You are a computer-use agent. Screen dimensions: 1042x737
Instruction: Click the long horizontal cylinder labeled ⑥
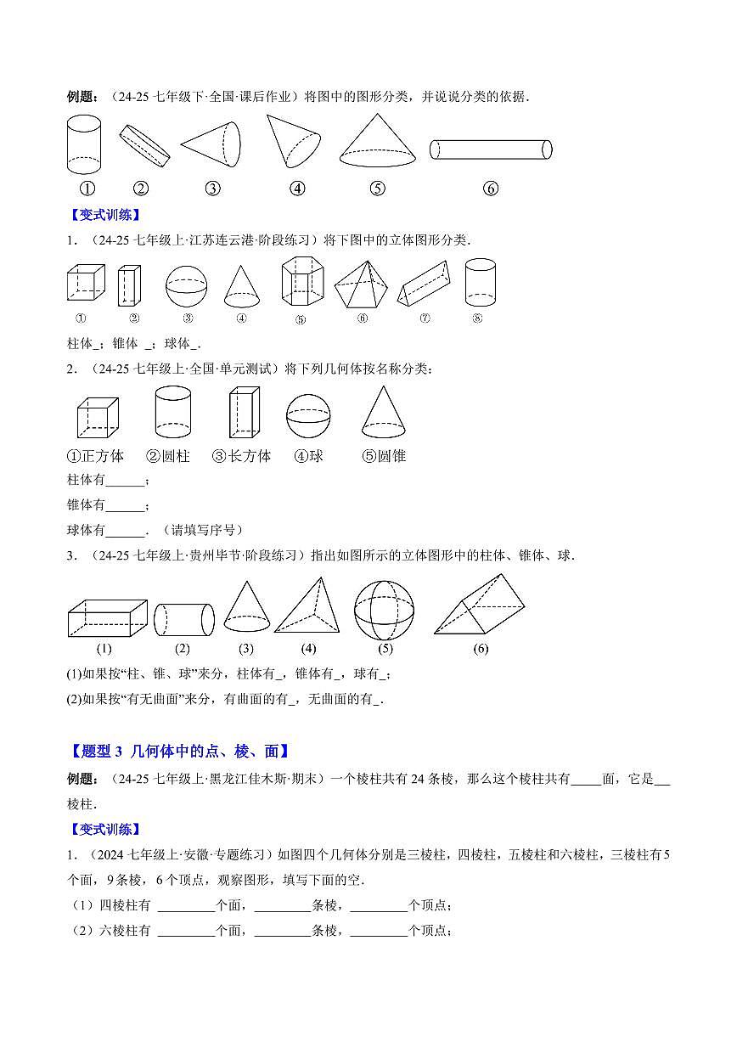[491, 149]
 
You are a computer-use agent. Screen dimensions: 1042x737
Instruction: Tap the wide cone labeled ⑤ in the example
[378, 142]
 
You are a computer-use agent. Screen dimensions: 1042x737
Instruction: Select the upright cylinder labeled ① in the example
[83, 144]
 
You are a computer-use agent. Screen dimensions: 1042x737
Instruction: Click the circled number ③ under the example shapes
[213, 189]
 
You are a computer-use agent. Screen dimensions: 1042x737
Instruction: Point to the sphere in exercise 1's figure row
[187, 285]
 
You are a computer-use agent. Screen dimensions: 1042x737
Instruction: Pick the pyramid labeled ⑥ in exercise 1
[361, 284]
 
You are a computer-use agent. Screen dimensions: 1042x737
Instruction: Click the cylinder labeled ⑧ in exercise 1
[480, 282]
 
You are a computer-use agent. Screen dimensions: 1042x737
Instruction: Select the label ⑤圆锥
[384, 456]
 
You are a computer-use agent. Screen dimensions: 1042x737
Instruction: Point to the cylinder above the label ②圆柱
[172, 412]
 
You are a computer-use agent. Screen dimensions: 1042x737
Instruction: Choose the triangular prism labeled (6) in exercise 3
[481, 604]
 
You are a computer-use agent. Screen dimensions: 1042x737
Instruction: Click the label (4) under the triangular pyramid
[308, 649]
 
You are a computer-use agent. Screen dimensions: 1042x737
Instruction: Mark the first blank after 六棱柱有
[186, 932]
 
